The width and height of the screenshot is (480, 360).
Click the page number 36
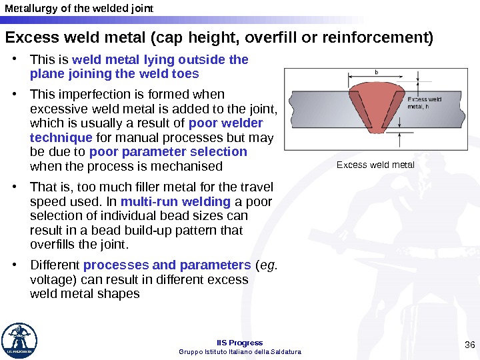[469, 344]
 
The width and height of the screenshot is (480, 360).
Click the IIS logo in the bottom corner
[19, 341]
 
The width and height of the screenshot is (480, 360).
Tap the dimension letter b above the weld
[377, 71]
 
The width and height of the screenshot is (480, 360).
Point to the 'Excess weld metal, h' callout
[425, 103]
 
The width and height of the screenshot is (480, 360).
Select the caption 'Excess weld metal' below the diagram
[375, 165]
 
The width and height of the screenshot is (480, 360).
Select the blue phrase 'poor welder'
[226, 123]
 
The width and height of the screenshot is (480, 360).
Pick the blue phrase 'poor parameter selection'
[168, 151]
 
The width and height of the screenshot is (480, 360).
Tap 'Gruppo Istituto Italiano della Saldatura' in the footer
[240, 351]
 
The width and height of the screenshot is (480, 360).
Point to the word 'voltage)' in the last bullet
[51, 279]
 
